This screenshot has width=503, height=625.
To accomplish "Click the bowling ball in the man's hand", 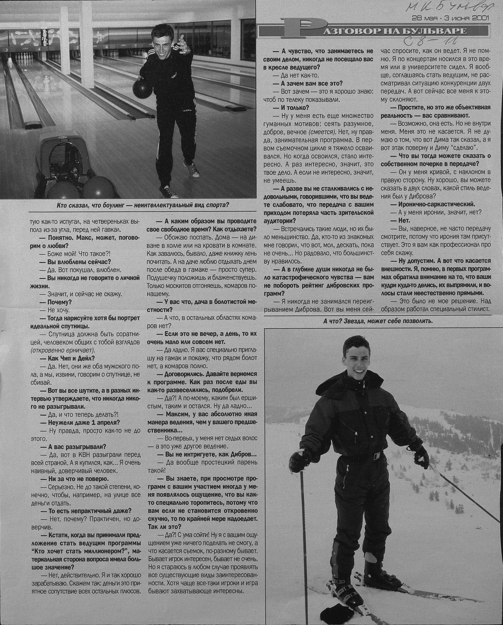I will pos(142,88).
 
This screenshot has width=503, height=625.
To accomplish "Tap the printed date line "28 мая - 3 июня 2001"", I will pos(450,18).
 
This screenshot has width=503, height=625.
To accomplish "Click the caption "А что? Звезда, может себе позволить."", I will pos(378,321).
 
